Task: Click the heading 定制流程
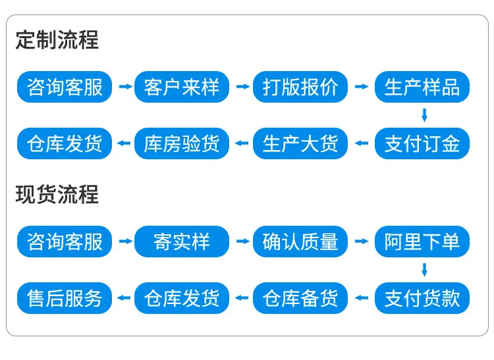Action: tap(57, 40)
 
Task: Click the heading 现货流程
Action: tap(57, 194)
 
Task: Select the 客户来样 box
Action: tap(182, 87)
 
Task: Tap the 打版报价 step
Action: tap(300, 87)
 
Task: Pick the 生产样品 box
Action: tap(422, 87)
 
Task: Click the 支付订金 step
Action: tap(422, 143)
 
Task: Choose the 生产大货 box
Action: tap(300, 143)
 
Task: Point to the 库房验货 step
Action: tap(182, 143)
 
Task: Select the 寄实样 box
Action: tap(182, 242)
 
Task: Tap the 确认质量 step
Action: tap(300, 242)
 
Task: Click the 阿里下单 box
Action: tap(422, 242)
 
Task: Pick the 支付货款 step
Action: tap(422, 298)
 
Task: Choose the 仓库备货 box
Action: tap(300, 298)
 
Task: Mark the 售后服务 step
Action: tap(65, 298)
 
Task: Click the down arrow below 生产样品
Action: tap(424, 115)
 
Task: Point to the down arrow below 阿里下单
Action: tap(424, 270)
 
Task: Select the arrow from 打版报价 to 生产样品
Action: tap(362, 86)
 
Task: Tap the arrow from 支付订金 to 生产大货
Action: tap(362, 143)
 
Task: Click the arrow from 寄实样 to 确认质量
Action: tap(243, 241)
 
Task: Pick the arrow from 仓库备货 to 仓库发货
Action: tap(242, 297)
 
